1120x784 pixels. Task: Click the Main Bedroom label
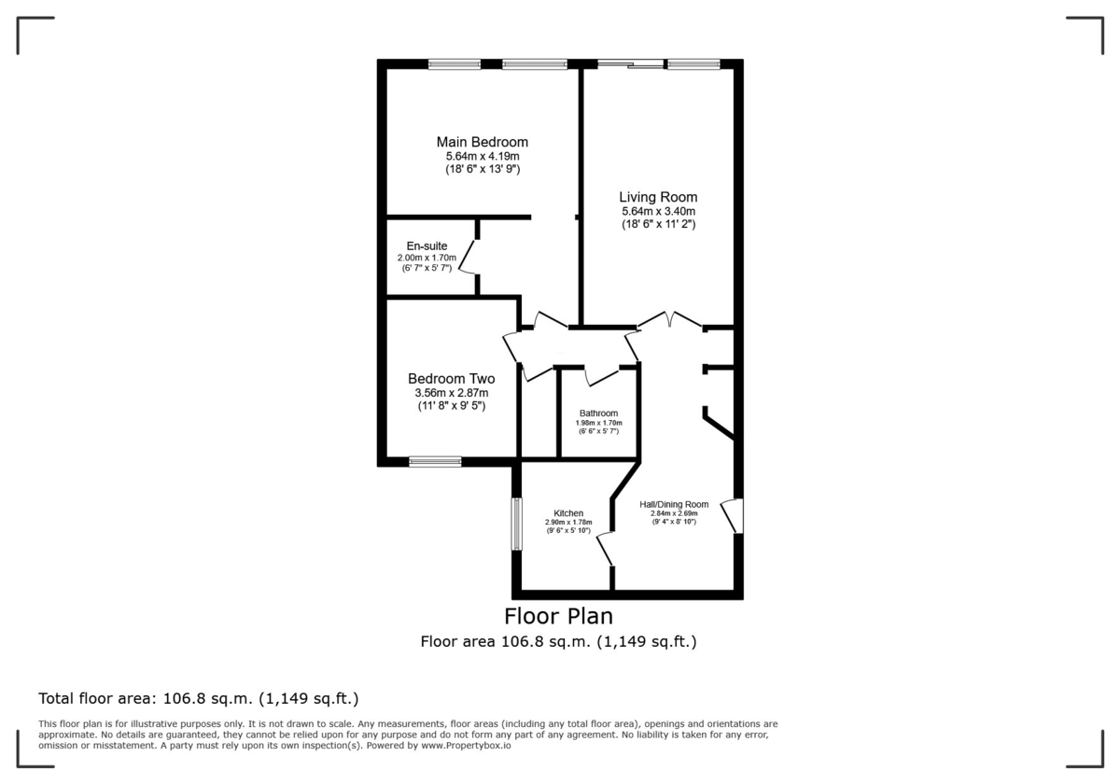[x=483, y=142]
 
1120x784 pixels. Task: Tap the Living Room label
[x=658, y=197]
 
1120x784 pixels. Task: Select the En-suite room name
[x=420, y=246]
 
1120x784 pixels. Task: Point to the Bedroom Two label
[x=451, y=379]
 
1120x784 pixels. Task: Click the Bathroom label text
[x=598, y=413]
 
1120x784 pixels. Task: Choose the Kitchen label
[x=568, y=513]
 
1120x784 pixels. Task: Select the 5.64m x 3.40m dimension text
[x=658, y=212]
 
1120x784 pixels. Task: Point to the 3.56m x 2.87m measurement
[x=451, y=393]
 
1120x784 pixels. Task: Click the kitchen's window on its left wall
[x=516, y=524]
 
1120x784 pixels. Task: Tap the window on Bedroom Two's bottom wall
[x=435, y=461]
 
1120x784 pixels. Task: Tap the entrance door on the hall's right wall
[x=733, y=516]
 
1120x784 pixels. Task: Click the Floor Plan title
[x=558, y=616]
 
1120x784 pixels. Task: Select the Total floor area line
[x=198, y=698]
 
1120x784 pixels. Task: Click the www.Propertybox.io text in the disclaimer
[x=465, y=746]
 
